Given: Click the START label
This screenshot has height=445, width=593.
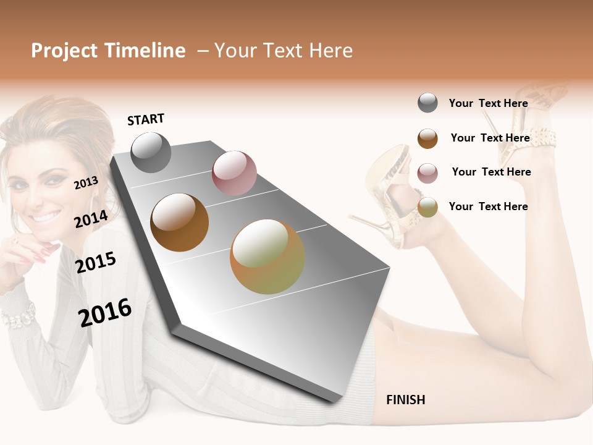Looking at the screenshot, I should click(x=146, y=119).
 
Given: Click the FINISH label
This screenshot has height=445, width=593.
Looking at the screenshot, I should click(x=405, y=400).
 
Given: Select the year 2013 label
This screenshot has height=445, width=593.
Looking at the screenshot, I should click(x=86, y=182).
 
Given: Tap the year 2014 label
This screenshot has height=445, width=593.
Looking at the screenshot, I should click(x=91, y=219).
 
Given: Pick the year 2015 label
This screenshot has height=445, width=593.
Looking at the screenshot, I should click(x=96, y=263).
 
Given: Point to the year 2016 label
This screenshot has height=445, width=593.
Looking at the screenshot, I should click(x=105, y=313).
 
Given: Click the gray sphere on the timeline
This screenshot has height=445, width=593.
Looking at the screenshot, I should click(x=151, y=152).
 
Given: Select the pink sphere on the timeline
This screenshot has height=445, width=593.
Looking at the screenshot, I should click(x=234, y=173).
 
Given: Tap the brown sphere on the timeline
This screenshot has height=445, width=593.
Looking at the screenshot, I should click(x=179, y=222).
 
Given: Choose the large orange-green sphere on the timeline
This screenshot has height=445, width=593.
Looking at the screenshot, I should click(x=267, y=256).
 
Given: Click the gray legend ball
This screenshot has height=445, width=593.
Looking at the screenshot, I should click(x=427, y=103).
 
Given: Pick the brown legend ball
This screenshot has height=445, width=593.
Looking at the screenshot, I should click(x=427, y=138).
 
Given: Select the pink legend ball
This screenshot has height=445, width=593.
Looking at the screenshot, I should click(x=427, y=173).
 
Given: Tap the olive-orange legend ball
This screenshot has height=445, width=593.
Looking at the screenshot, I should click(x=427, y=207).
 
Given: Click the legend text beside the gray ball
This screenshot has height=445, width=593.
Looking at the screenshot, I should click(x=488, y=103).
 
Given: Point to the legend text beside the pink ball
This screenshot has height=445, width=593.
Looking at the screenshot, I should click(x=491, y=172).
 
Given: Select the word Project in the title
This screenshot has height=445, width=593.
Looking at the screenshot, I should click(x=64, y=51).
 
